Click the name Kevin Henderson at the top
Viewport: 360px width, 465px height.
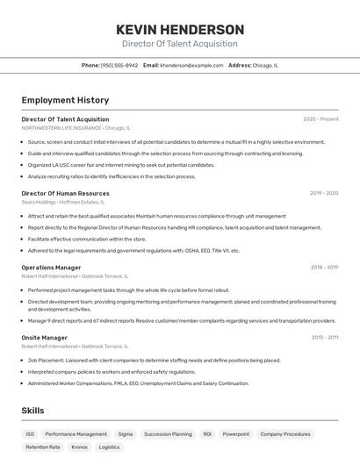point(180,29)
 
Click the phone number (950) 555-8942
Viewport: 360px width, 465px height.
point(119,65)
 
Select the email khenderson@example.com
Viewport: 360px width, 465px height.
point(191,65)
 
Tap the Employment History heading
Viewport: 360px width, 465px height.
point(65,100)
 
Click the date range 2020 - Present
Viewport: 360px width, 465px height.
point(320,119)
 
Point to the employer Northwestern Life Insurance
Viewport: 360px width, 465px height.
point(61,128)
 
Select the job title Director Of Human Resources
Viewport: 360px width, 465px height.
point(66,193)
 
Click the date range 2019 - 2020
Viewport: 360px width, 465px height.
point(323,193)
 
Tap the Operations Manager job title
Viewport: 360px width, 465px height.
point(51,268)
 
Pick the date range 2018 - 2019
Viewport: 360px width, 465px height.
point(324,268)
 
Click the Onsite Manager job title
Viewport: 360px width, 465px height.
point(45,337)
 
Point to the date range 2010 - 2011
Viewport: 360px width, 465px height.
point(324,337)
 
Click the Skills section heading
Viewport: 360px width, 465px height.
point(32,410)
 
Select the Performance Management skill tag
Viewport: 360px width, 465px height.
point(76,433)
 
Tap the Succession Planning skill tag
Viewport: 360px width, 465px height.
point(168,433)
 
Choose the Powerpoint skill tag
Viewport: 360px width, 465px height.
point(235,433)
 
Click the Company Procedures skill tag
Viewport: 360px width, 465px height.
point(285,433)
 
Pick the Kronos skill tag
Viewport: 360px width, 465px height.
point(79,447)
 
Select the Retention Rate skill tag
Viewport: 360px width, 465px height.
point(43,447)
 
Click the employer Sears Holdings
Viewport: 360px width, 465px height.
point(40,202)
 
